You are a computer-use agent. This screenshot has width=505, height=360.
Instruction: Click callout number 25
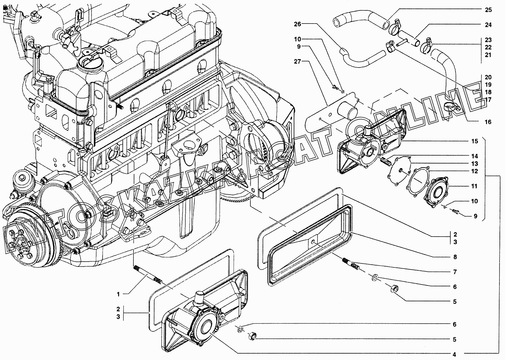(488, 10)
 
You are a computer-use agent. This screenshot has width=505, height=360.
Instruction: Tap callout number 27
(298, 61)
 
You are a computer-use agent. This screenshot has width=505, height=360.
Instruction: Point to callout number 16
(488, 122)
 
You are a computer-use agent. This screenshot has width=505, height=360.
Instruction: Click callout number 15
(474, 141)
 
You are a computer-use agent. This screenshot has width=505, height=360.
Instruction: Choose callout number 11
(474, 186)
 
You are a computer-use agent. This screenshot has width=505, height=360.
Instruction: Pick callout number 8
(455, 257)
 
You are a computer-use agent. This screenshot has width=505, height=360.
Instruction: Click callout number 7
(455, 272)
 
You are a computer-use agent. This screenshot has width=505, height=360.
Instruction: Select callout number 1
(118, 294)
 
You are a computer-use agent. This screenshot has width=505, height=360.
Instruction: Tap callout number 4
(454, 354)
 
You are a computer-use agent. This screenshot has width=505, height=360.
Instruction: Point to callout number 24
(488, 25)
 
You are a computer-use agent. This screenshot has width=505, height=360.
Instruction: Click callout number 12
(474, 171)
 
